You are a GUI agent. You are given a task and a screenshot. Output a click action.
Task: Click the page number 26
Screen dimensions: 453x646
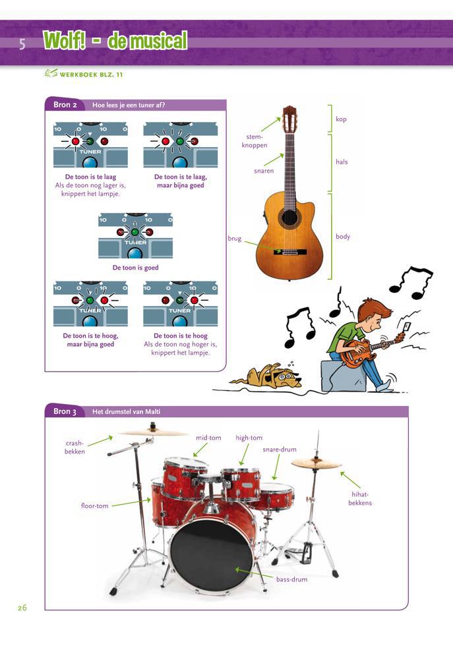click(22, 607)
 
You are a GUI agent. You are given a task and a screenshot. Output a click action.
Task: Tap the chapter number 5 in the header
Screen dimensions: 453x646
click(22, 44)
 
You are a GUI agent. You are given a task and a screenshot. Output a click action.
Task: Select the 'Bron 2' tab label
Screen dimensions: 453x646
click(65, 105)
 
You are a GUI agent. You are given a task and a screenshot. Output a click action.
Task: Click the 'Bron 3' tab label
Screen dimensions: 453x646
click(65, 411)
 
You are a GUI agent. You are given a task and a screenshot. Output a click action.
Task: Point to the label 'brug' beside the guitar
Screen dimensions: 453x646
click(235, 239)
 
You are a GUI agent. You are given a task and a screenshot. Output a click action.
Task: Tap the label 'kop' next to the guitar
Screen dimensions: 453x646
click(341, 119)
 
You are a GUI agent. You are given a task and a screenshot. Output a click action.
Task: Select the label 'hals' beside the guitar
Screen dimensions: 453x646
click(342, 161)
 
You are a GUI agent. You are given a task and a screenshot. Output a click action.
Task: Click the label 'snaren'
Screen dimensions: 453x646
click(263, 171)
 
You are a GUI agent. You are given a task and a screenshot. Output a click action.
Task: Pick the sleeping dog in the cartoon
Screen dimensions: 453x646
click(270, 376)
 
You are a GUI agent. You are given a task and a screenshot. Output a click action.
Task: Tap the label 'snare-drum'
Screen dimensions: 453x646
click(280, 450)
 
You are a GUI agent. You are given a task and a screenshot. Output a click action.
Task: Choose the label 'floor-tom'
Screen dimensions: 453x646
click(94, 506)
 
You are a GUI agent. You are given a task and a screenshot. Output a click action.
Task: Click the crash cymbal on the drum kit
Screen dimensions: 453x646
click(153, 432)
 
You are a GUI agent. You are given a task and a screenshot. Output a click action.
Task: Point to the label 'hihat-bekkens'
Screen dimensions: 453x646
click(360, 498)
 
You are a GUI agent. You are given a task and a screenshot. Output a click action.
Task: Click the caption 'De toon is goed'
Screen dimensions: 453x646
click(135, 268)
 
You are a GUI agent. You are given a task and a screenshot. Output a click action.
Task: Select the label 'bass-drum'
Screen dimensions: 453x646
click(291, 579)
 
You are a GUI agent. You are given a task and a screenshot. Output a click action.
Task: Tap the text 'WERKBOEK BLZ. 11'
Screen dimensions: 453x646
click(91, 74)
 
